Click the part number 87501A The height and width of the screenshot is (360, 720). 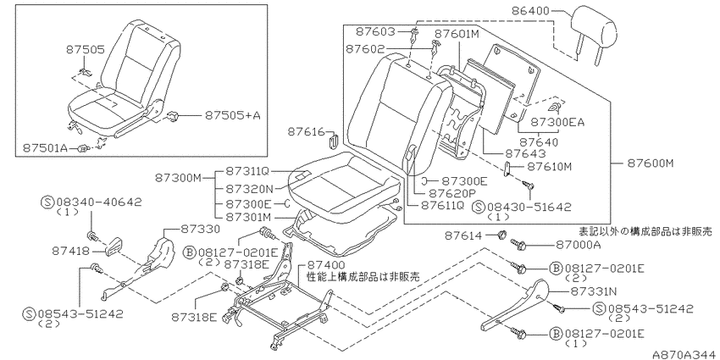pos(45,147)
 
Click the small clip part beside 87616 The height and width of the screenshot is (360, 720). pos(334,140)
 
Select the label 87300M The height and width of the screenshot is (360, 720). pos(178,177)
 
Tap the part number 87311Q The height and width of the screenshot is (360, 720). pos(247,171)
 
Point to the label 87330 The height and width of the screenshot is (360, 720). pos(197,228)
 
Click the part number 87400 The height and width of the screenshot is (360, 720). pos(325,265)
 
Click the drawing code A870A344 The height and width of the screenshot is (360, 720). pos(684,353)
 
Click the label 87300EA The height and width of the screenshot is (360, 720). pos(557,122)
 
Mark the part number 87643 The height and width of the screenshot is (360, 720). pos(525,153)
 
